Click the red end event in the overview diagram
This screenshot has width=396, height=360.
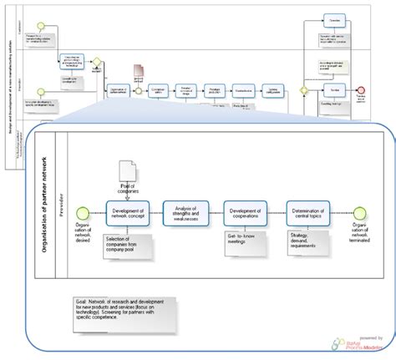pyautogui.click(x=361, y=88)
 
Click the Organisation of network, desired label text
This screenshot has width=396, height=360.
pyautogui.click(x=81, y=236)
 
